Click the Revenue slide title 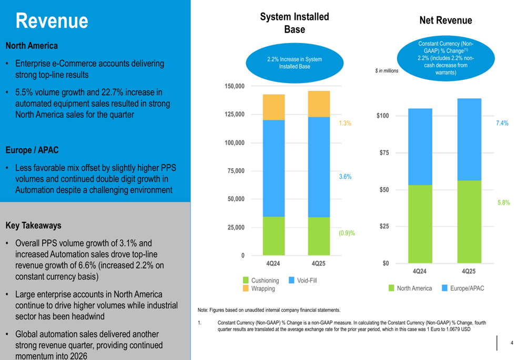click(52, 21)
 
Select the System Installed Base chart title click(295, 23)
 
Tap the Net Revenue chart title click(446, 20)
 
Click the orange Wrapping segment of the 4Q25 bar click(319, 104)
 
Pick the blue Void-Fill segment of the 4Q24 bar click(274, 168)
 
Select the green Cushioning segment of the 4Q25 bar click(319, 236)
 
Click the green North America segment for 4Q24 click(420, 224)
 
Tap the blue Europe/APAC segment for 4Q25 click(469, 139)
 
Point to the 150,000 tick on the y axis click(235, 86)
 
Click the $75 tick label click(384, 153)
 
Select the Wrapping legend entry click(259, 289)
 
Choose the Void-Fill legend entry click(302, 280)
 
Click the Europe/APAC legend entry click(463, 289)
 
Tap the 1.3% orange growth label click(345, 123)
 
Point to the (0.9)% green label click(347, 233)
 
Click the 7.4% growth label click(502, 123)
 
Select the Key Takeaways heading click(34, 225)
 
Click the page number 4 click(512, 343)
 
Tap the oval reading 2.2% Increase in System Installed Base click(295, 63)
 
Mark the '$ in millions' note click(387, 71)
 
